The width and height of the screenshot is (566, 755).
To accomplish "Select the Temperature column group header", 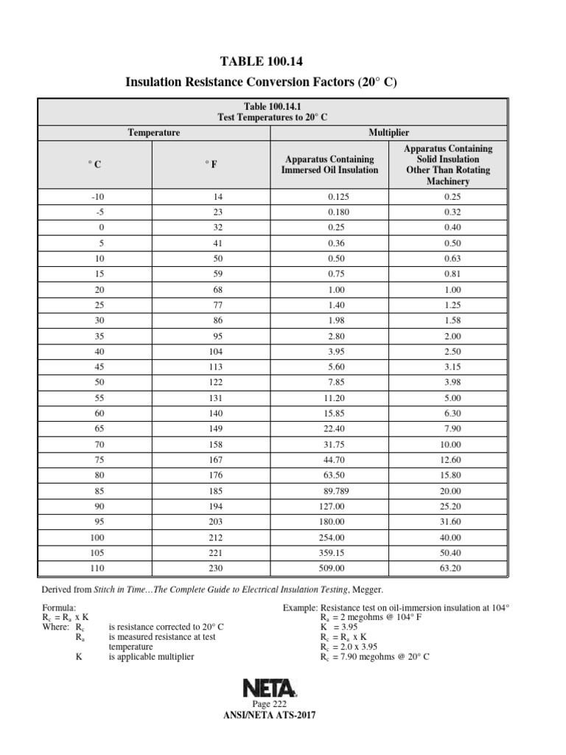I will point(154,132).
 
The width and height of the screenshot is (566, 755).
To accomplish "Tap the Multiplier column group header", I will point(388,132).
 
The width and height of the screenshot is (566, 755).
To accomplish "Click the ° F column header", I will point(212,164).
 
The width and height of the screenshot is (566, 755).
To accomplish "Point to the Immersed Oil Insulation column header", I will point(329,164).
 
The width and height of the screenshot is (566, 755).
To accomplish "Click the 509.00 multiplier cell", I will point(329,568).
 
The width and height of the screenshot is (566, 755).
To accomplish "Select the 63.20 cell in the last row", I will point(447,568).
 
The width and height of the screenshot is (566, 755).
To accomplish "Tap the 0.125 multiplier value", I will point(329,197).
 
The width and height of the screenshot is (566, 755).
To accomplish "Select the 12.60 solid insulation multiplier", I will point(447,460).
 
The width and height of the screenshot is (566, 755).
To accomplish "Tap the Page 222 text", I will point(270,705).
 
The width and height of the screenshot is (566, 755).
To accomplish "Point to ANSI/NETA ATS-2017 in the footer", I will point(269,715).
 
